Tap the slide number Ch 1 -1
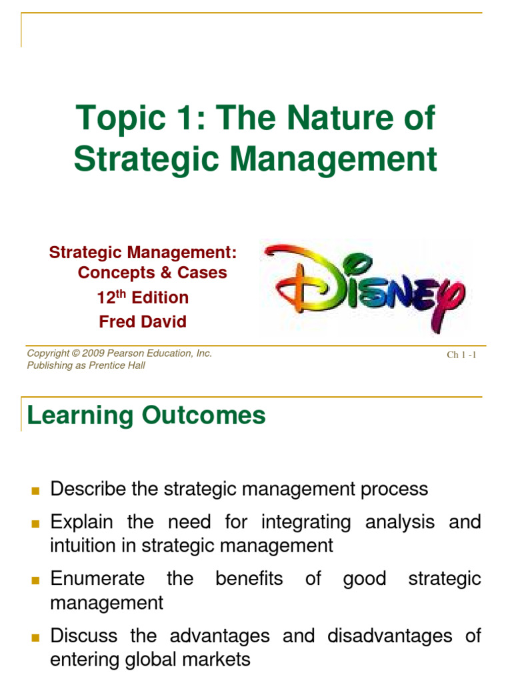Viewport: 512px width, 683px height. point(461,355)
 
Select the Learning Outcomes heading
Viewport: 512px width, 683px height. point(146,416)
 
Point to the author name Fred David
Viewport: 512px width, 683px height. point(143,321)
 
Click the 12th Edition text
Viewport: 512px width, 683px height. point(143,297)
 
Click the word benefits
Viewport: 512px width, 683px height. point(249,578)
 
